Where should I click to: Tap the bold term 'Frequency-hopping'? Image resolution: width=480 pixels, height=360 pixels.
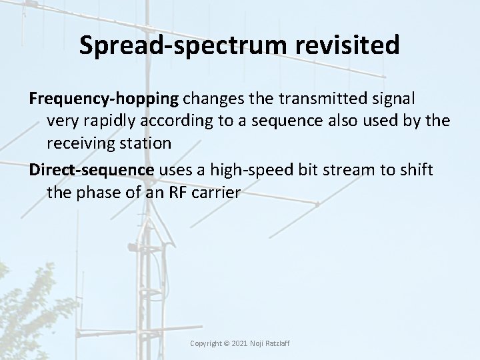pos(104,99)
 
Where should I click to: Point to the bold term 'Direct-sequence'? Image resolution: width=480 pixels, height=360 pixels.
pos(91,170)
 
